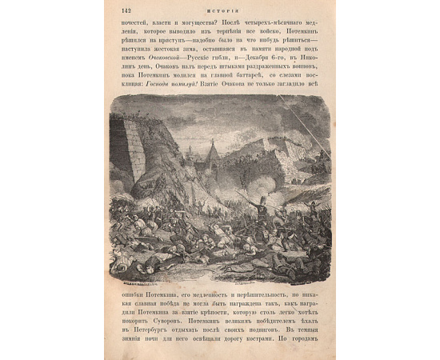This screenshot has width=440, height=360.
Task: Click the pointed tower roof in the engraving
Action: [x=212, y=147]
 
